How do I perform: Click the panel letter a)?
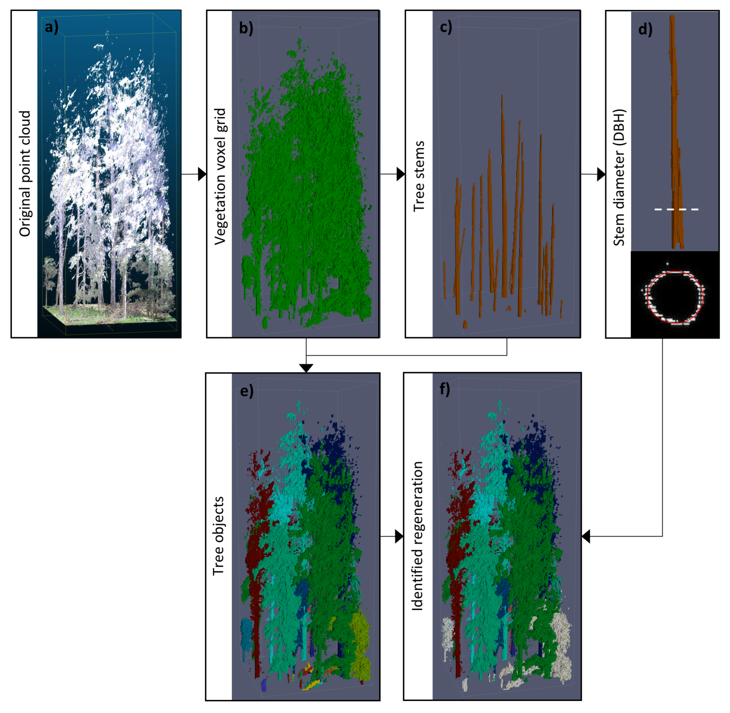pyautogui.click(x=51, y=27)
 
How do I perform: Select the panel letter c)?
pyautogui.click(x=446, y=27)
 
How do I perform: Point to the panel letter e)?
pyautogui.click(x=247, y=391)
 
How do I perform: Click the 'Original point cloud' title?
pyautogui.click(x=25, y=174)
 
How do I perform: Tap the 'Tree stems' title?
pyautogui.click(x=419, y=176)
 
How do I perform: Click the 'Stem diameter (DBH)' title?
pyautogui.click(x=619, y=178)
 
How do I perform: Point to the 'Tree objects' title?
pyautogui.click(x=219, y=536)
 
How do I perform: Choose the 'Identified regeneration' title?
pyautogui.click(x=417, y=536)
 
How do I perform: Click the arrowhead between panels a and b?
pyautogui.click(x=202, y=174)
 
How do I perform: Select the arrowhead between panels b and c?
pyautogui.click(x=401, y=174)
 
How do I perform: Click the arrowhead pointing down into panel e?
pyautogui.click(x=306, y=368)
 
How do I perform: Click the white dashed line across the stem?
pyautogui.click(x=676, y=209)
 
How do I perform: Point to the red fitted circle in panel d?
pyautogui.click(x=703, y=296)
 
